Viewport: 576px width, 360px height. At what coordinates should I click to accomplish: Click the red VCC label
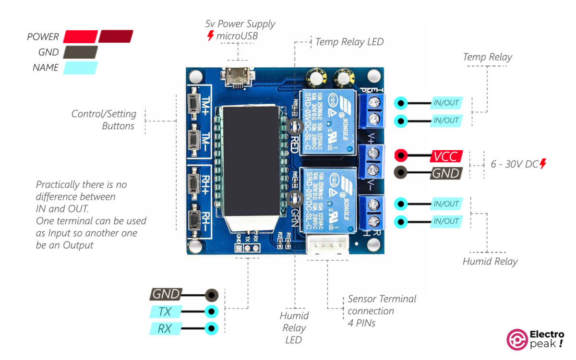[x=446, y=156]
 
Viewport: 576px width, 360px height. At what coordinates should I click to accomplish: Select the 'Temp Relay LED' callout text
[x=349, y=42]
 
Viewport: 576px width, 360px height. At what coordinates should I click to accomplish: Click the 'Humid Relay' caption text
[x=490, y=262]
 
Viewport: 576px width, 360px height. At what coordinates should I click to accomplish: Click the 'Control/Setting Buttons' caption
[x=104, y=120]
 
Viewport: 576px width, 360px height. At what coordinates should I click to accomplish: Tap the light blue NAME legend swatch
[x=80, y=68]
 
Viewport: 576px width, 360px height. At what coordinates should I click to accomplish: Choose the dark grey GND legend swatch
[x=80, y=52]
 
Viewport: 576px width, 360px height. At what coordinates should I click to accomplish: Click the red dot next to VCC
[x=401, y=156]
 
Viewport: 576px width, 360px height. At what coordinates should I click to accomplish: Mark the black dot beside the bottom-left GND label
[x=211, y=295]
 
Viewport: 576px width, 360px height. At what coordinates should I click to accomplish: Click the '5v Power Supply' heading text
[x=240, y=24]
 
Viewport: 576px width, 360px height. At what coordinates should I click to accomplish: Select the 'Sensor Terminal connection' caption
[x=381, y=305]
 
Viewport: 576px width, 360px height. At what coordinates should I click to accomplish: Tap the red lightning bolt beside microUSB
[x=210, y=36]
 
